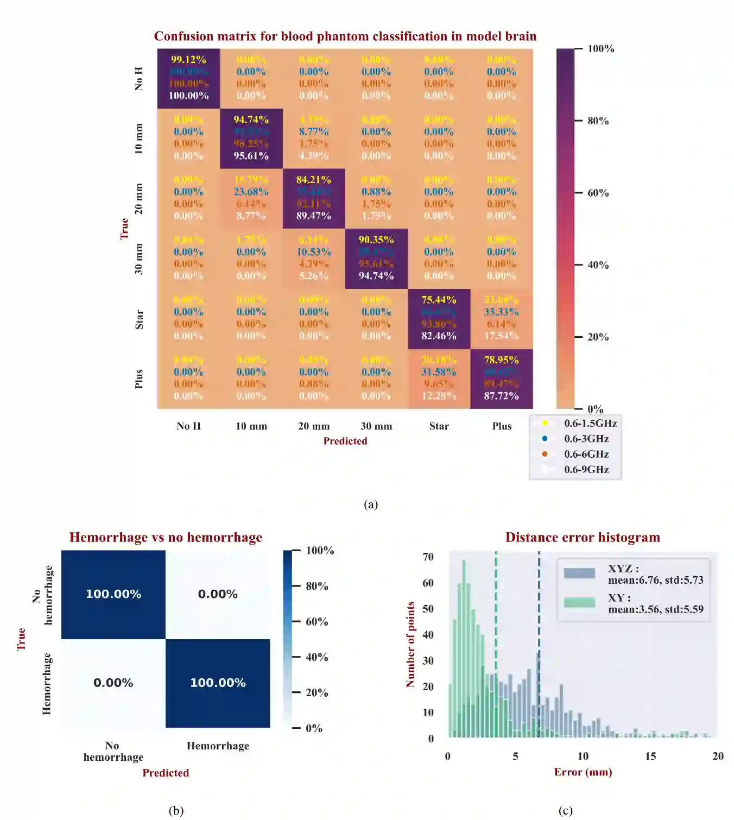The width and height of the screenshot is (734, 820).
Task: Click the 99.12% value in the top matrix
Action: (x=188, y=60)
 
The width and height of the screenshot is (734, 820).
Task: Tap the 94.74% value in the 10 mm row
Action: (x=251, y=119)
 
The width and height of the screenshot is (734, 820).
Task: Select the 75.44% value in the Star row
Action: (x=439, y=300)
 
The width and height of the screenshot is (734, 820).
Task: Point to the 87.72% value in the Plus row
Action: (x=501, y=396)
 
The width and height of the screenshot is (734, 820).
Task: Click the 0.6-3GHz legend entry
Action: (x=586, y=439)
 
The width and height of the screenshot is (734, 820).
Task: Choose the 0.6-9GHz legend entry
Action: (x=586, y=470)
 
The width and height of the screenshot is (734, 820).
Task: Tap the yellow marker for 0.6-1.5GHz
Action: (x=545, y=424)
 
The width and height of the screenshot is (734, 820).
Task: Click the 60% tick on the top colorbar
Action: (x=598, y=193)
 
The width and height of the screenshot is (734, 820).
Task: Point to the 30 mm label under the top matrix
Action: (x=376, y=426)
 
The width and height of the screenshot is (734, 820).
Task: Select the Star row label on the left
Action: (x=139, y=320)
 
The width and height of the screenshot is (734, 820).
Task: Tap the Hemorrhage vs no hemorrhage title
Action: (x=166, y=538)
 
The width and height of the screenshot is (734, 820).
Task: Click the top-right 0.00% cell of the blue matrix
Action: (x=218, y=594)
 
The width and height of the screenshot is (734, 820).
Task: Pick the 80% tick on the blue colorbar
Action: (x=317, y=586)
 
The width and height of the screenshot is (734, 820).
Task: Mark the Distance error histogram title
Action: (x=583, y=538)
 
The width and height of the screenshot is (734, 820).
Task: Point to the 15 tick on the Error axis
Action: (x=650, y=756)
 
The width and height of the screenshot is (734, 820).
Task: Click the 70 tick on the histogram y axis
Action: (x=428, y=557)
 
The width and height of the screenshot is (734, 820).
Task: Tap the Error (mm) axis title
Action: (x=583, y=772)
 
